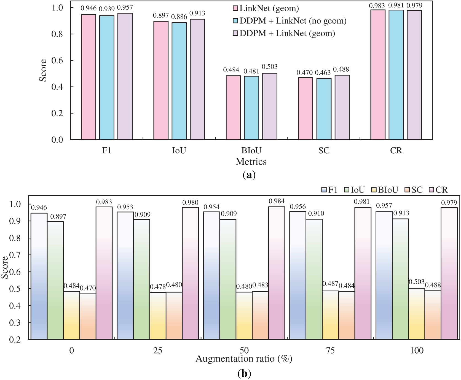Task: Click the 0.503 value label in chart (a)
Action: (269, 67)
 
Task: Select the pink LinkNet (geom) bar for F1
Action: (89, 77)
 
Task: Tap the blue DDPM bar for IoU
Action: (179, 81)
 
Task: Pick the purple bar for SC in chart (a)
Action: (342, 107)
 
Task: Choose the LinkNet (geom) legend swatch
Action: (235, 8)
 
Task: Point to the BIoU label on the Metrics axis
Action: (251, 151)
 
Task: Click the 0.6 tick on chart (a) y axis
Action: (57, 61)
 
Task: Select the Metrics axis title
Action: (251, 162)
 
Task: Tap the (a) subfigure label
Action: (249, 175)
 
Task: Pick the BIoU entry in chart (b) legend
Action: (385, 190)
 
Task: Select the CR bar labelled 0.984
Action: (277, 273)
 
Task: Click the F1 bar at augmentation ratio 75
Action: (297, 275)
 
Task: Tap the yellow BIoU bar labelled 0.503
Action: (416, 314)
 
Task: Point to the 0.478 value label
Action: (158, 287)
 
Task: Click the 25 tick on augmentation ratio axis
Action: (158, 351)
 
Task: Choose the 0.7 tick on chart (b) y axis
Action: (15, 255)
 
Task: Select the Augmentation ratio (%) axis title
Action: (244, 359)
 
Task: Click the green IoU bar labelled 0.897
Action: (55, 280)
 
